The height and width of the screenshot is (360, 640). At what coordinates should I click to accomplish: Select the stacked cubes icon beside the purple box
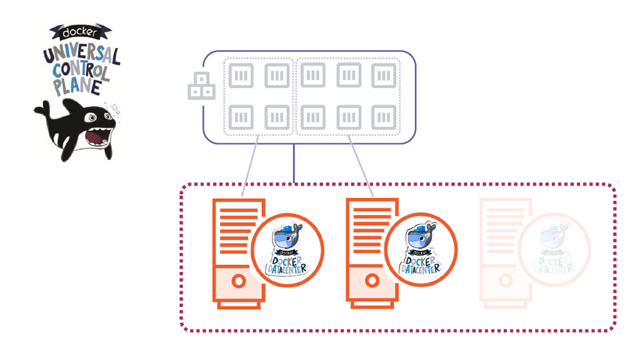coord(201,87)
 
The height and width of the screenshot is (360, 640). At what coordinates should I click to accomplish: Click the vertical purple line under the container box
coord(294,164)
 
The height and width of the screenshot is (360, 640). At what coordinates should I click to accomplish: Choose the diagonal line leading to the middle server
coord(361,164)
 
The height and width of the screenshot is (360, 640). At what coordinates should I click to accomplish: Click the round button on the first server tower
coord(238,281)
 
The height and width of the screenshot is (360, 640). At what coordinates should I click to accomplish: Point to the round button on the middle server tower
coord(372,281)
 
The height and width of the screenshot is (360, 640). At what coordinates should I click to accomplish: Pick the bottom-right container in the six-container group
coord(384,117)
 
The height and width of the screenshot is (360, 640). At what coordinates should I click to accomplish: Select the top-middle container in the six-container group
coord(349,76)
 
